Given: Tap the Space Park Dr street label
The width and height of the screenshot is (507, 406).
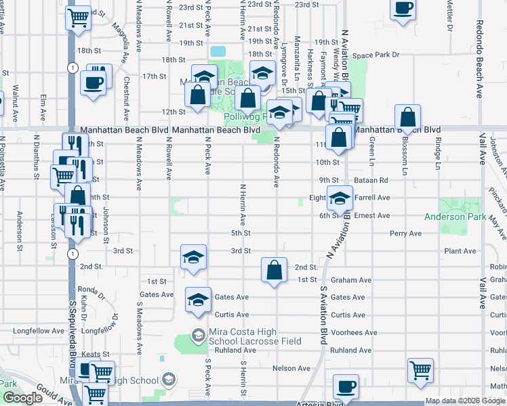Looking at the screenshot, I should [376, 54].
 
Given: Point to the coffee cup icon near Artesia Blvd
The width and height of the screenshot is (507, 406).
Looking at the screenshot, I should [347, 386].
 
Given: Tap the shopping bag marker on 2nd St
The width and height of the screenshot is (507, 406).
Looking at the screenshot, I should [273, 271].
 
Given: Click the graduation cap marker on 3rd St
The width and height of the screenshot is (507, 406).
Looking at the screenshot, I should [193, 258].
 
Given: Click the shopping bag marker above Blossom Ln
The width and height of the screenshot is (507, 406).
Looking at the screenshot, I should [408, 117].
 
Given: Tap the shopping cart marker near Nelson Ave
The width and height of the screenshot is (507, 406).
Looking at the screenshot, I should [420, 370].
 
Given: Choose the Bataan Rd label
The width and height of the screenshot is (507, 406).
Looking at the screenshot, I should [373, 181].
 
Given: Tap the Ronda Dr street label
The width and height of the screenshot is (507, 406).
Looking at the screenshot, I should [94, 292].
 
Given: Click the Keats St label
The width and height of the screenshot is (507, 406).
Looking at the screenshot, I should [96, 354].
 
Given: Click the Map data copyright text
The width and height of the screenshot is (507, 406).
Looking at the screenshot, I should [464, 401].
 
